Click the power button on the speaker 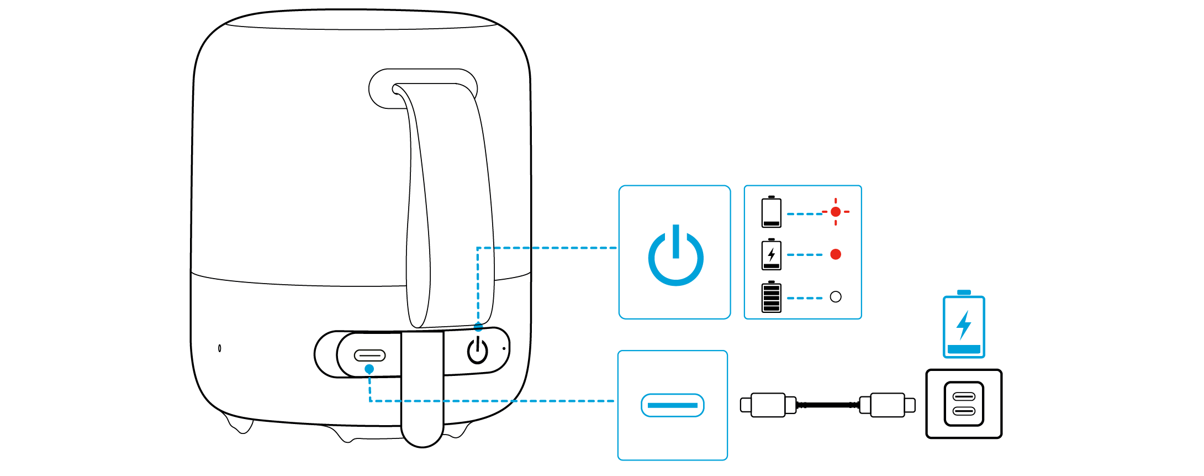[x=478, y=351]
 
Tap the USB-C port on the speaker [x=369, y=355]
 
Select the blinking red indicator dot [x=836, y=212]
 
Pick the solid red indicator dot [x=836, y=254]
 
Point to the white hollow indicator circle [x=836, y=297]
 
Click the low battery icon [x=771, y=212]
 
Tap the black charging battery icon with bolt [x=771, y=255]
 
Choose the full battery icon [x=771, y=297]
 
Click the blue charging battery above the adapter [x=964, y=326]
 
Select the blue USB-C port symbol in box [x=672, y=405]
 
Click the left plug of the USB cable [x=768, y=405]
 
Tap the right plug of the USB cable [x=888, y=405]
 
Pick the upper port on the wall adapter [x=964, y=396]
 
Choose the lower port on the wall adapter [x=964, y=411]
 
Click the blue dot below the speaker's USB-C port [x=369, y=369]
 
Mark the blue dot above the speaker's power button [x=478, y=327]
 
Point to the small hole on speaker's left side [x=220, y=348]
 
